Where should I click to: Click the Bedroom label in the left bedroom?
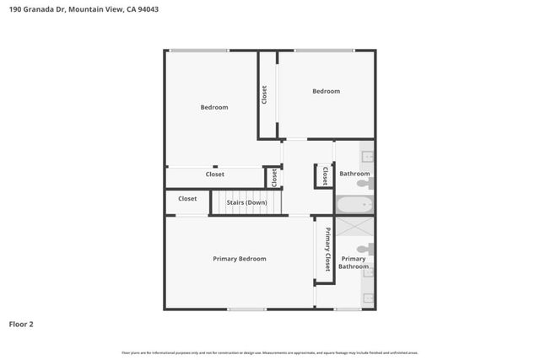click(213, 107)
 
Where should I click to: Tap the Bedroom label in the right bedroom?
click(326, 91)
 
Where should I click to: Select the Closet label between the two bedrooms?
click(264, 94)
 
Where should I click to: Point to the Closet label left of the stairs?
click(187, 199)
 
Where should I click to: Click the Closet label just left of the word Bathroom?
click(325, 175)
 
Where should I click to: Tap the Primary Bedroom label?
click(240, 259)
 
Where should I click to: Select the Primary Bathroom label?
click(354, 262)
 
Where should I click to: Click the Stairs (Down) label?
click(246, 202)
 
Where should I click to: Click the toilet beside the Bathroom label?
click(363, 183)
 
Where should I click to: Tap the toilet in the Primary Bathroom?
click(364, 249)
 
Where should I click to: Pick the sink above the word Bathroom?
click(369, 157)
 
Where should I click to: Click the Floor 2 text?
click(21, 324)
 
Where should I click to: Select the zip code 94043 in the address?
click(148, 9)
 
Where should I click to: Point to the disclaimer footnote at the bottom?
click(270, 352)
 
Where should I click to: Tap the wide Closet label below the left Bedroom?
click(215, 175)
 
